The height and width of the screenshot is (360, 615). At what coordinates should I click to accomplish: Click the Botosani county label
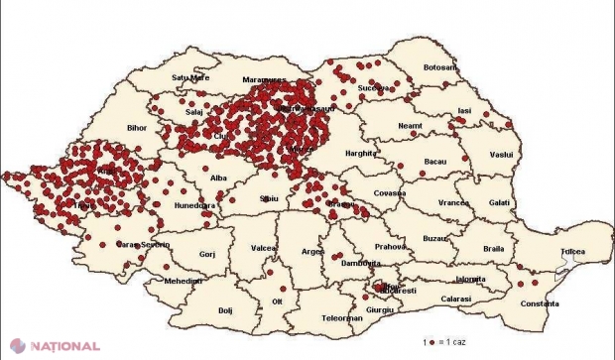[440, 67]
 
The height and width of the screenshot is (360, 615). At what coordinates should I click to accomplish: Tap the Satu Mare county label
[192, 76]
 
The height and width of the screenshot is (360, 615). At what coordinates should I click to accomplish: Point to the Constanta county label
[551, 301]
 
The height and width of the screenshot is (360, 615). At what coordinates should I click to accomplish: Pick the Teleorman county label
[334, 319]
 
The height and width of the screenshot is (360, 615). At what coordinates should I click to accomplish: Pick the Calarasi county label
[457, 298]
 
